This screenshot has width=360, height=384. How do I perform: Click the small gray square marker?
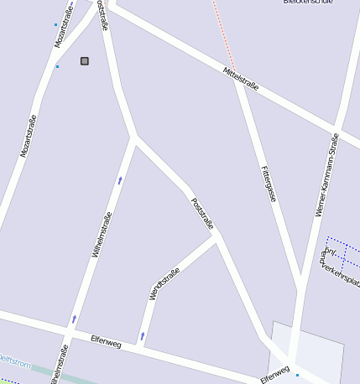(84, 60)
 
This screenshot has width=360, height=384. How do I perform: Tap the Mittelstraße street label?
(242, 80)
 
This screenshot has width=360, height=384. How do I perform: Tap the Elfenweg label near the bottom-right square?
(274, 373)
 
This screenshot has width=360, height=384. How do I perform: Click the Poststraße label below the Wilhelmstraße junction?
(203, 214)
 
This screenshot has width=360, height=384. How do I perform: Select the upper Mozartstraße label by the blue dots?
(64, 29)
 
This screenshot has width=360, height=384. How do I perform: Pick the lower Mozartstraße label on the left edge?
(29, 136)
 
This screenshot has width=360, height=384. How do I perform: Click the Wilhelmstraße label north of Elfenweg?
(102, 234)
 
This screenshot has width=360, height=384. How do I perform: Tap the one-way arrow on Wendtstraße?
(142, 335)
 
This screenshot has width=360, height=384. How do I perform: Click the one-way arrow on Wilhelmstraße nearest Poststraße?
(120, 179)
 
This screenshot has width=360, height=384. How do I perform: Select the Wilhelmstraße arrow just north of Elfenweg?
(74, 319)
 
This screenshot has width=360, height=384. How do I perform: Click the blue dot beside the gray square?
(57, 66)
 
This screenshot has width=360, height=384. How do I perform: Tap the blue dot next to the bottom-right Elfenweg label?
(296, 375)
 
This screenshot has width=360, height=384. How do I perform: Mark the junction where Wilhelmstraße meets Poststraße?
(134, 137)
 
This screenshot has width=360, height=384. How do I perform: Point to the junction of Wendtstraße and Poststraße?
(217, 238)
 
